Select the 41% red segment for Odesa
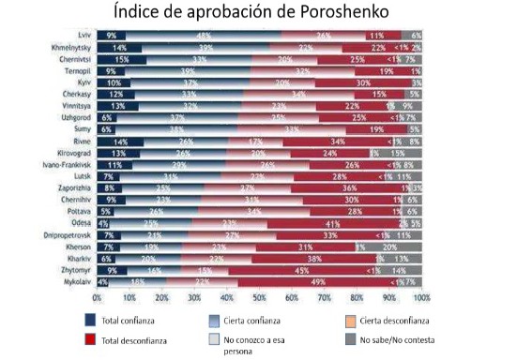point(331,222)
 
